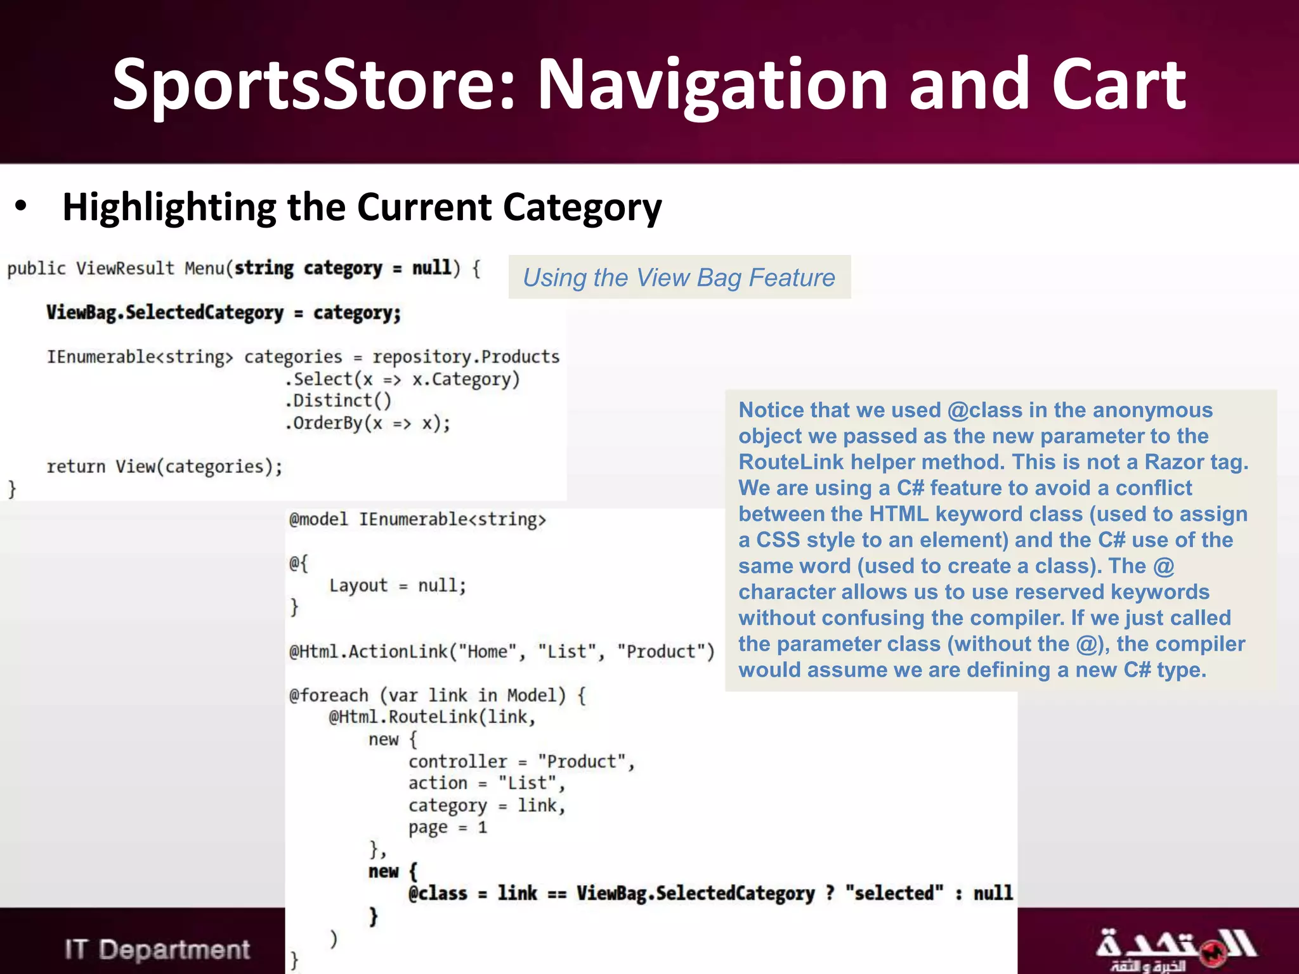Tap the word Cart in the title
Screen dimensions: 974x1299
[1118, 86]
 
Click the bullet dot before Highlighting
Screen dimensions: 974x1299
[21, 206]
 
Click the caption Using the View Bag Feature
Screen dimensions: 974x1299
[679, 278]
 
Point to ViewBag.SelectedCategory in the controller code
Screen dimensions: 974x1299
[165, 313]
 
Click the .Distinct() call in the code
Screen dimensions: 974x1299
[338, 401]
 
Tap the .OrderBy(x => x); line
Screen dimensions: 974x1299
[368, 423]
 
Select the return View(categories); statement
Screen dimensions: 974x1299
[164, 467]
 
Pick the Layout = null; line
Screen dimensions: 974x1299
[398, 585]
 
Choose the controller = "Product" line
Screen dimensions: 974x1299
[521, 762]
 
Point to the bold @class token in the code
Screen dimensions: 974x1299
[438, 893]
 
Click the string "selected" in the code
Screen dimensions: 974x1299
[894, 893]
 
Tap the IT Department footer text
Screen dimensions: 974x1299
[157, 949]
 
